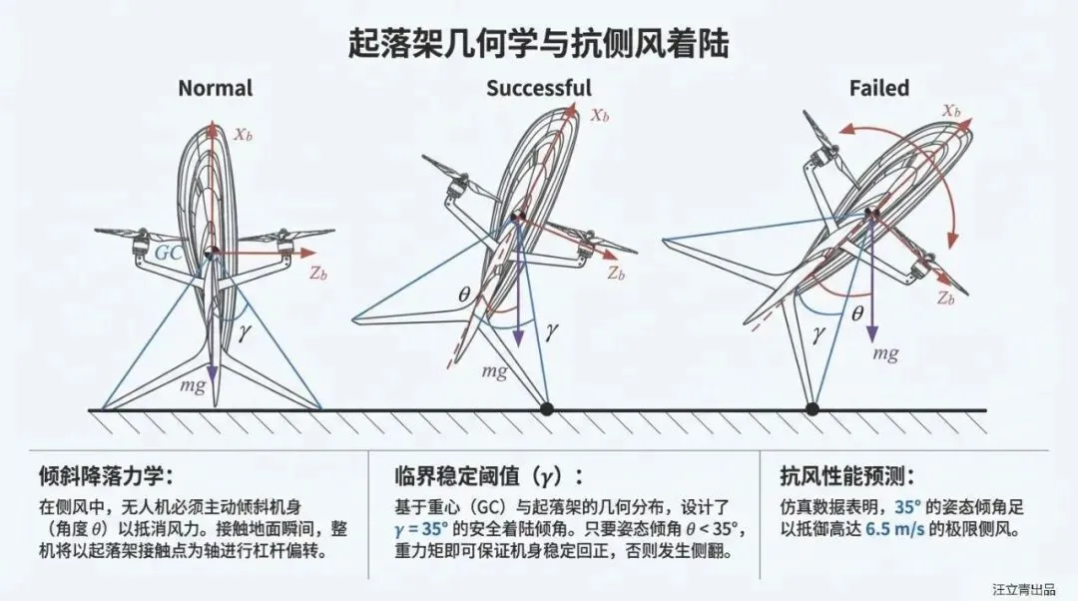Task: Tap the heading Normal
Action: point(215,88)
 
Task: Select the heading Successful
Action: point(538,88)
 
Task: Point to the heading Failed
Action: point(879,88)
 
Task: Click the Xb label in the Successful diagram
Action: point(599,115)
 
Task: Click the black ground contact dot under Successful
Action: point(546,408)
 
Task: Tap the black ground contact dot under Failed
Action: point(812,408)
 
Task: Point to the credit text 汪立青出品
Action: point(1021,589)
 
